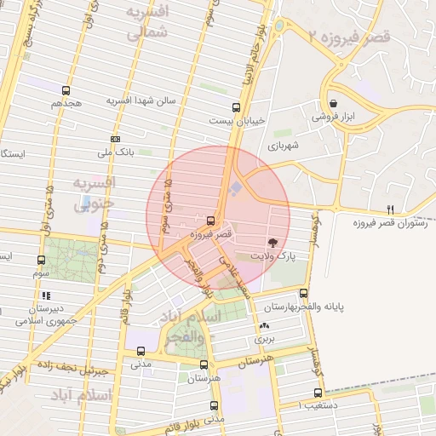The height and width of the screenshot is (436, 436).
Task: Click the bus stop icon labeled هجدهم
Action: click(66, 89)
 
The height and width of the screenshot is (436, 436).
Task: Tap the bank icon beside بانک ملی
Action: click(116, 139)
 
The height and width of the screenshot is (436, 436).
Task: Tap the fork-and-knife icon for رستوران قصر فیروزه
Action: click(391, 209)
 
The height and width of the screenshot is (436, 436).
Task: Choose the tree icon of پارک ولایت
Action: click(272, 242)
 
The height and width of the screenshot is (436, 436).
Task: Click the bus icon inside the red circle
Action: click(211, 220)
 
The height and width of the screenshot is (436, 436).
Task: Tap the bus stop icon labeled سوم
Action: click(41, 260)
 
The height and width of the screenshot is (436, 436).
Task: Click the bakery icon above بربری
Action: click(263, 325)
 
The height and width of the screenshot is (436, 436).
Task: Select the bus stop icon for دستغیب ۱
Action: click(318, 393)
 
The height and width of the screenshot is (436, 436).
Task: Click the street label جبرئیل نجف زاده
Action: click(72, 366)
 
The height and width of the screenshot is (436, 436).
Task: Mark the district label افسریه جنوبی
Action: click(94, 194)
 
